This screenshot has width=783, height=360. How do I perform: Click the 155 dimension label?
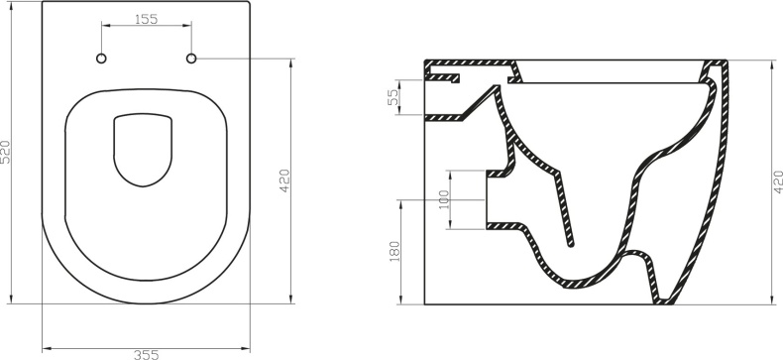pos(146,18)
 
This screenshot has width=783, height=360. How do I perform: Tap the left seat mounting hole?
pos(101,59)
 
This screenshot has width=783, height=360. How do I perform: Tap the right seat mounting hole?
pos(191,59)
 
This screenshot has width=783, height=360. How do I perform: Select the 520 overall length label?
pos(9,153)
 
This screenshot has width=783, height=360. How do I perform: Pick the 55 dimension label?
pos(392,98)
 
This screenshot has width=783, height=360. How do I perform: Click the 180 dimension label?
pos(394,252)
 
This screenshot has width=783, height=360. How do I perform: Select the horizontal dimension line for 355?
pos(146,346)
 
